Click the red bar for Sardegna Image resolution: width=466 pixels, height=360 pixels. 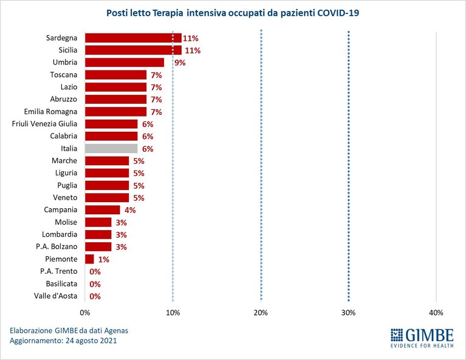pyautogui.click(x=133, y=38)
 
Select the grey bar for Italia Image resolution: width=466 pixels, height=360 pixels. pyautogui.click(x=111, y=149)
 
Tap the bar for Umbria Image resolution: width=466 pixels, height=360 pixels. pyautogui.click(x=125, y=63)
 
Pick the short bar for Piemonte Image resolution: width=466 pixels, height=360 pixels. pyautogui.click(x=89, y=259)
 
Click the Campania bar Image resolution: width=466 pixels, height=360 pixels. pyautogui.click(x=103, y=210)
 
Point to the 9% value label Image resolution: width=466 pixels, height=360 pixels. pyautogui.click(x=180, y=63)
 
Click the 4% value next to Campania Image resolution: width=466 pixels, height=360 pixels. pyautogui.click(x=130, y=210)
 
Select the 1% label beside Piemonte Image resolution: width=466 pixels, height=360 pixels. pyautogui.click(x=104, y=260)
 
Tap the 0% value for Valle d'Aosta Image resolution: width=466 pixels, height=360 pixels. pyautogui.click(x=95, y=296)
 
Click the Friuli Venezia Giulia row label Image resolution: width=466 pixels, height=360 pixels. pyautogui.click(x=44, y=124)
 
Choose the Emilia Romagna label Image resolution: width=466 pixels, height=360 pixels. pyautogui.click(x=50, y=112)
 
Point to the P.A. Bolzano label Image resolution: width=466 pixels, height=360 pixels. pyautogui.click(x=57, y=246)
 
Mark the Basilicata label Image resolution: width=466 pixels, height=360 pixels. pyautogui.click(x=61, y=284)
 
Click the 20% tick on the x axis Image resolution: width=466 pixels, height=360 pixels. pyautogui.click(x=261, y=313)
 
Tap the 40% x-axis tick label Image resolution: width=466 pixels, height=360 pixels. pyautogui.click(x=436, y=313)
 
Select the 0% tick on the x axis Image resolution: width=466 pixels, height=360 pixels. pyautogui.click(x=85, y=313)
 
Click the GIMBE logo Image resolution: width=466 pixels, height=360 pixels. pyautogui.click(x=422, y=338)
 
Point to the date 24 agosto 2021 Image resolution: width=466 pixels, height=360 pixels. pyautogui.click(x=91, y=341)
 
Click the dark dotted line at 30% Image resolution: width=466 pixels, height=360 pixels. pyautogui.click(x=349, y=166)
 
